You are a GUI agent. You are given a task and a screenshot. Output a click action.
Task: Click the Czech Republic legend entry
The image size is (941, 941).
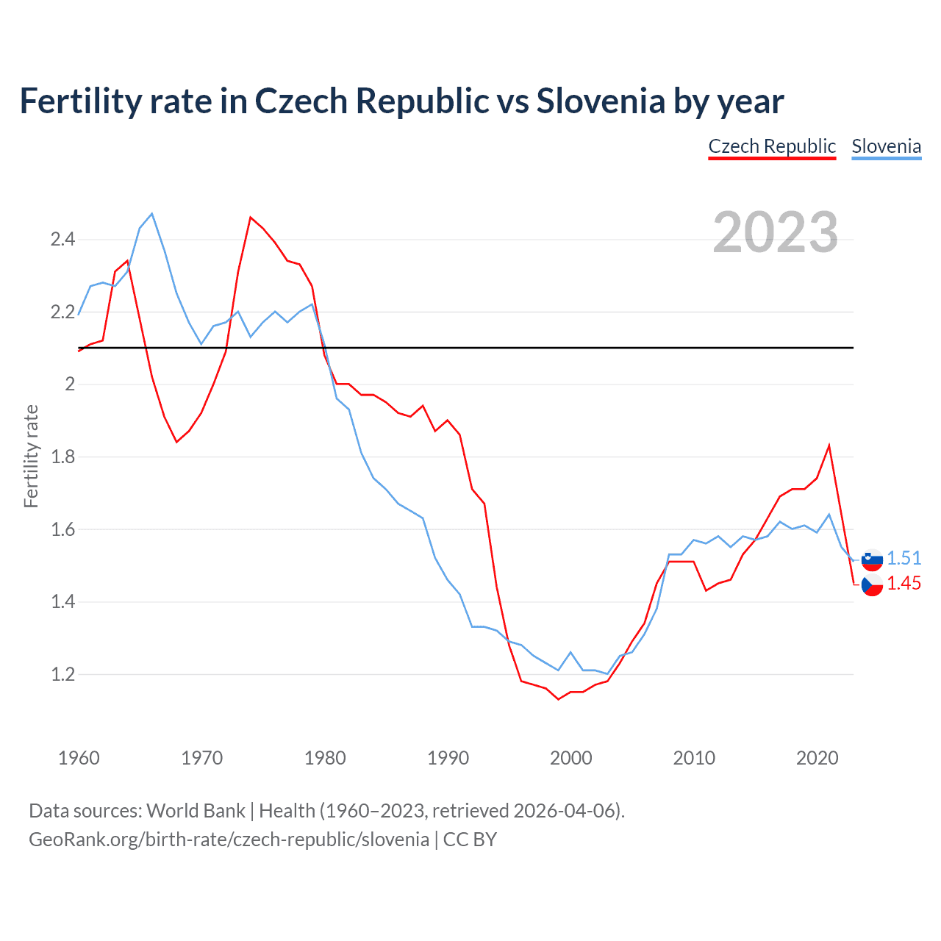click(772, 146)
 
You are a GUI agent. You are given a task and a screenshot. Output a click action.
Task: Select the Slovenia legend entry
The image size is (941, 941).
click(886, 146)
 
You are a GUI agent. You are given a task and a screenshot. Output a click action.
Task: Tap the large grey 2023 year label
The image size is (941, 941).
click(775, 232)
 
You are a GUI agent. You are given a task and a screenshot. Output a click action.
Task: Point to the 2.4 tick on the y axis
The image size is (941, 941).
click(62, 239)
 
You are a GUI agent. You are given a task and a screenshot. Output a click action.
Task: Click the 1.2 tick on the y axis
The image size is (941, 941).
click(62, 674)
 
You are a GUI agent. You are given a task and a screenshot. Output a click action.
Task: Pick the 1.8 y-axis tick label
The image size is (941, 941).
click(62, 457)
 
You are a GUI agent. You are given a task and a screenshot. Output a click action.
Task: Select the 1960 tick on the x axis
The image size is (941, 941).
click(79, 758)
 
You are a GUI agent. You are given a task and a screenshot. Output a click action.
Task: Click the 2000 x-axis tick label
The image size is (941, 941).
click(570, 758)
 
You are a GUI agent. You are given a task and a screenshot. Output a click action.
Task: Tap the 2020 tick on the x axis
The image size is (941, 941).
click(817, 758)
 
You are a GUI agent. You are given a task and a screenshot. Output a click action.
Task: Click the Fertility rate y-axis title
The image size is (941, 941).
click(31, 456)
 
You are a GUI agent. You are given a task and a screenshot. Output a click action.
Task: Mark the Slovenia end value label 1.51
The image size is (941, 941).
click(904, 558)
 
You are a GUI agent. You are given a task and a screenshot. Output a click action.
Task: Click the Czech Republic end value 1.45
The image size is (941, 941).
click(904, 583)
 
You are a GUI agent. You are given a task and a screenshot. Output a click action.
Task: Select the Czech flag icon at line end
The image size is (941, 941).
click(872, 585)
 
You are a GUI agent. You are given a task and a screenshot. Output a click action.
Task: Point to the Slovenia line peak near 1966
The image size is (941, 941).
click(152, 214)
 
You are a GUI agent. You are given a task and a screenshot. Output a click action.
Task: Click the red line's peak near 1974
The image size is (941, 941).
click(251, 217)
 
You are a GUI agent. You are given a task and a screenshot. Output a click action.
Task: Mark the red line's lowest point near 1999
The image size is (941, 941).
click(558, 699)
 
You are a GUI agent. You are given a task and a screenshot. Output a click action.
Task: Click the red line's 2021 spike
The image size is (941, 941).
click(829, 446)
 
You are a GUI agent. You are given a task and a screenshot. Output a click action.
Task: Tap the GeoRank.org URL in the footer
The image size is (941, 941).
click(229, 840)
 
